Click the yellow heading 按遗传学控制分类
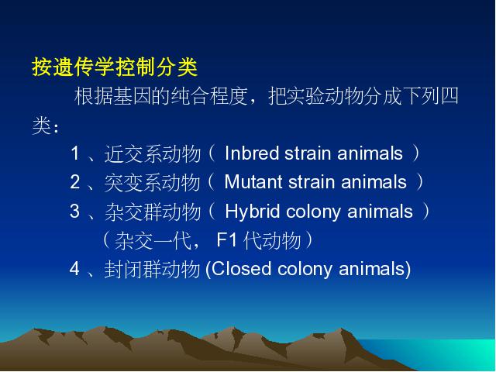coord(115,67)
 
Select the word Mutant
coord(253,182)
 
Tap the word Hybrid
coord(253,212)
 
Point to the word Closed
coord(241,269)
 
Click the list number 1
coord(75,153)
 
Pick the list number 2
coord(75,182)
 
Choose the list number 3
coord(75,211)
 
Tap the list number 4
coord(74,269)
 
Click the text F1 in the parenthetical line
coord(227,239)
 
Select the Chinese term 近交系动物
coord(153,153)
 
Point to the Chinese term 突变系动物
coord(153,183)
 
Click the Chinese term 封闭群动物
coord(153,270)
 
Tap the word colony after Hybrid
coord(313,212)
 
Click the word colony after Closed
coord(305,270)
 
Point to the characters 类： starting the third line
coord(45,126)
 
